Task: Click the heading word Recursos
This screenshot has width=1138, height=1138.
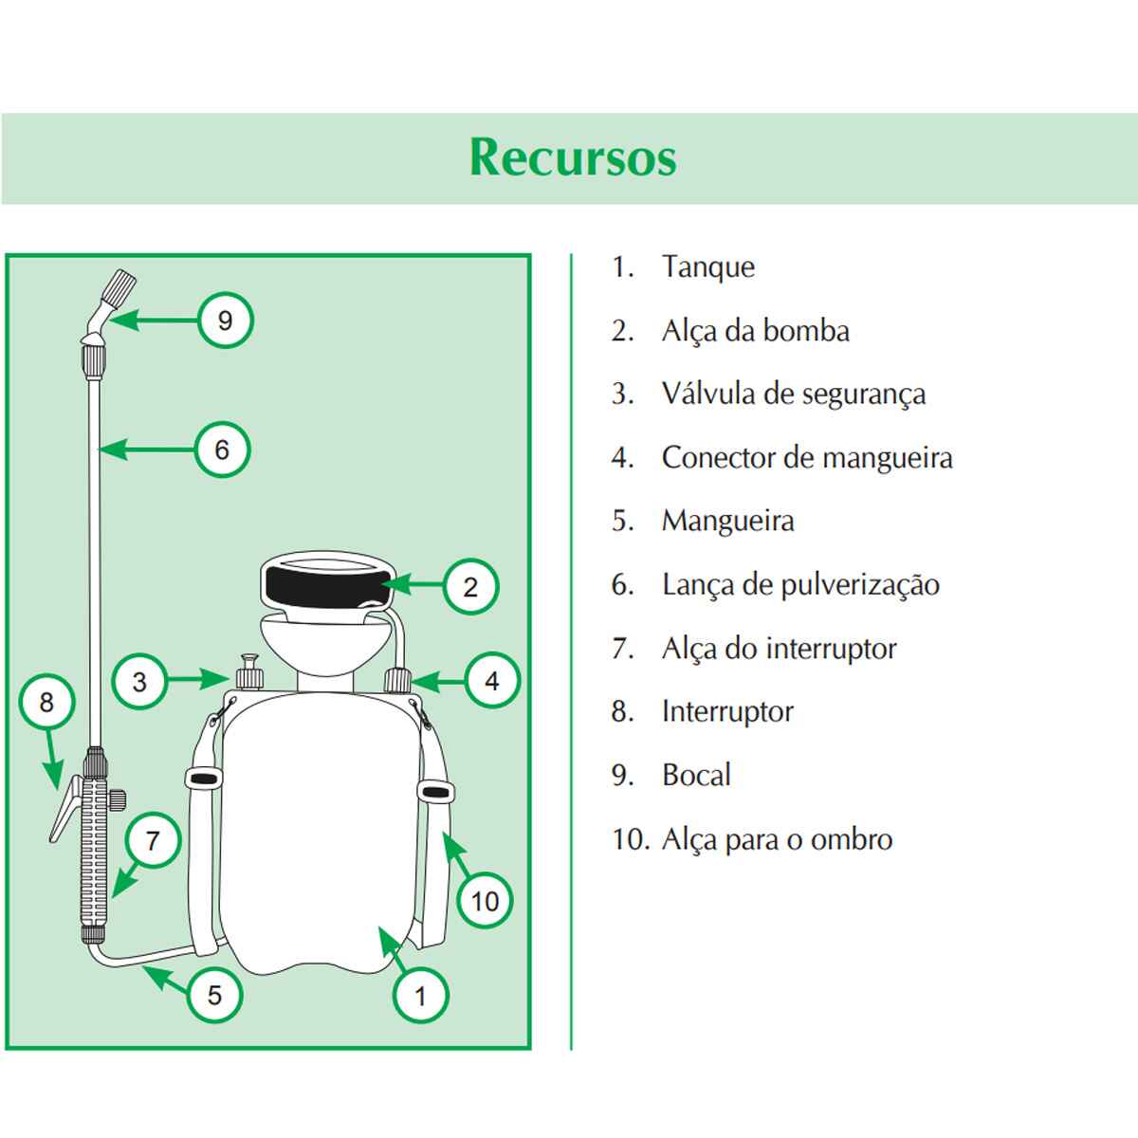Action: (573, 157)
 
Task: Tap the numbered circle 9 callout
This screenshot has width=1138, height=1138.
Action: (225, 321)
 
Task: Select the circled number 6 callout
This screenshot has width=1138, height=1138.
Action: (222, 449)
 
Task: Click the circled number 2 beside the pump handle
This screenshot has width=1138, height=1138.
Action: (470, 587)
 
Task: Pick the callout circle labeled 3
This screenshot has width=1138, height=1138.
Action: (139, 682)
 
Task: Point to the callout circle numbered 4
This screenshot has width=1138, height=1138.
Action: (491, 680)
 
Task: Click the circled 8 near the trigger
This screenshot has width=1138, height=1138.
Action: (46, 703)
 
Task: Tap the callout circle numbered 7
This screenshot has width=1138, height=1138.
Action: (153, 839)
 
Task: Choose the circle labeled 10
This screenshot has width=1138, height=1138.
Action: (485, 901)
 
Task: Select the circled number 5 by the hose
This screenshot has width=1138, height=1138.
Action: (214, 994)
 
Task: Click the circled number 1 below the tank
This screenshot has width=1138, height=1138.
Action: (420, 996)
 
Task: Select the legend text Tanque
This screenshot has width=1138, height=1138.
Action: (707, 267)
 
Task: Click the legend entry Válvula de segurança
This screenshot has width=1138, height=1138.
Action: (793, 394)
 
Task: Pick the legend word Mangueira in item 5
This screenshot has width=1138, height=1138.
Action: (727, 521)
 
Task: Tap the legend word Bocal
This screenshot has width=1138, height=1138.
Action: (696, 775)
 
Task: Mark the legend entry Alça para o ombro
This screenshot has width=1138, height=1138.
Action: (776, 839)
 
